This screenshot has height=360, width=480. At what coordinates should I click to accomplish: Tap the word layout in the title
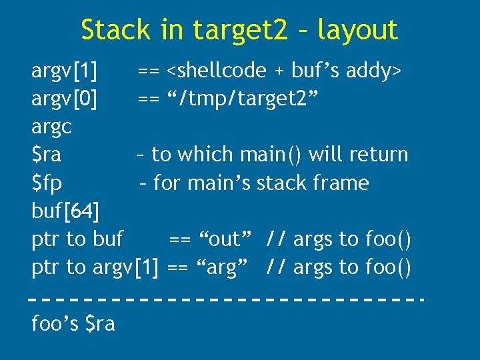[357, 30]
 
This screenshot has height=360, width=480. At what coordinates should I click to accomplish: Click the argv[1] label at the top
[64, 71]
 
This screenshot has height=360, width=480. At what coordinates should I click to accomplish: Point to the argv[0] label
[64, 99]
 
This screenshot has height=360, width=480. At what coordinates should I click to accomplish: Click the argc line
[51, 127]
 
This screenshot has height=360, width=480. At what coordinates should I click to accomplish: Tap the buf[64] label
[65, 211]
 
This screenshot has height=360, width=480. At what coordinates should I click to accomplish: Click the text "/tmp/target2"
[253, 99]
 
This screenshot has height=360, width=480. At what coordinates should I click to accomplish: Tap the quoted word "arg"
[220, 267]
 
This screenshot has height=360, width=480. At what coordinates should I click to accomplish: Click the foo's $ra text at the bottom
[73, 324]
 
